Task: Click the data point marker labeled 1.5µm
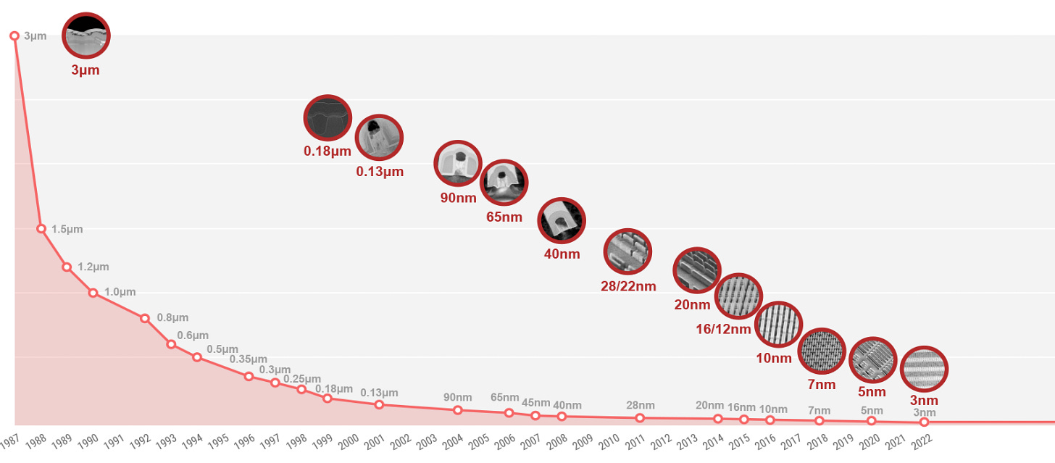point(41,229)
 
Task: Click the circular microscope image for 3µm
point(86,35)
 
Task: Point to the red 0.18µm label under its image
point(328,151)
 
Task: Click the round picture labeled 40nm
point(562,220)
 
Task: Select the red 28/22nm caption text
point(628,286)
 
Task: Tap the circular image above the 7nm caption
point(822,351)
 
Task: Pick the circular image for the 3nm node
point(924,370)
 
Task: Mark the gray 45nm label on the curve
point(535,402)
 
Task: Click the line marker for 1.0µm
point(93,293)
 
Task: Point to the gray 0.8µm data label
point(172,317)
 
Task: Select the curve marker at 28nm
point(640,418)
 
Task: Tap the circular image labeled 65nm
point(504,183)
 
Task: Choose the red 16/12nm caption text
point(722,330)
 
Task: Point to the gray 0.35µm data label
point(249,359)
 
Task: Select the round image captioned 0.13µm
point(379,138)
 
